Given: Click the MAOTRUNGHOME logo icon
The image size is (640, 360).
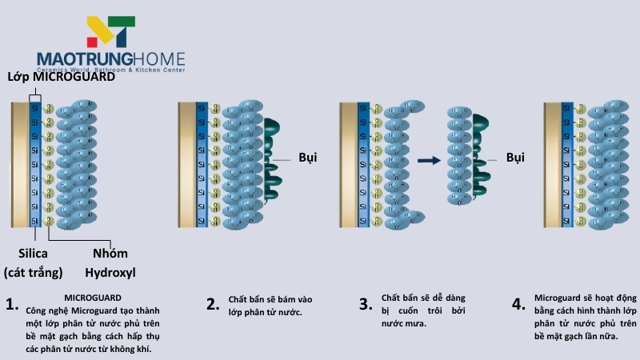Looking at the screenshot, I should [x=111, y=31].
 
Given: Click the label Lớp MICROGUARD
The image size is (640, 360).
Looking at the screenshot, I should [x=61, y=78].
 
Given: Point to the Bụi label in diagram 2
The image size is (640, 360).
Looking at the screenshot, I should [x=308, y=158].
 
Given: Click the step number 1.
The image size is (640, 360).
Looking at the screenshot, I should [x=11, y=304].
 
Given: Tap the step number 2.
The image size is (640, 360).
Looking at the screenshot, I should [x=212, y=304].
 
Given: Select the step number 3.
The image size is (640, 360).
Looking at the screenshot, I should [x=365, y=304].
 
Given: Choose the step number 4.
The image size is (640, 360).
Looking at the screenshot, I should [x=518, y=304].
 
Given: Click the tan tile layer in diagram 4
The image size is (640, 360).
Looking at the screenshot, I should [x=552, y=165].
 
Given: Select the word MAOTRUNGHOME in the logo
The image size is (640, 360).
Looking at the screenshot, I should [x=111, y=59].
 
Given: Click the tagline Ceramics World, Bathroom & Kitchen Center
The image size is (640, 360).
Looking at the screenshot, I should [x=111, y=70].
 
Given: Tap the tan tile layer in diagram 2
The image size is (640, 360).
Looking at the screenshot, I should [x=186, y=165].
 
